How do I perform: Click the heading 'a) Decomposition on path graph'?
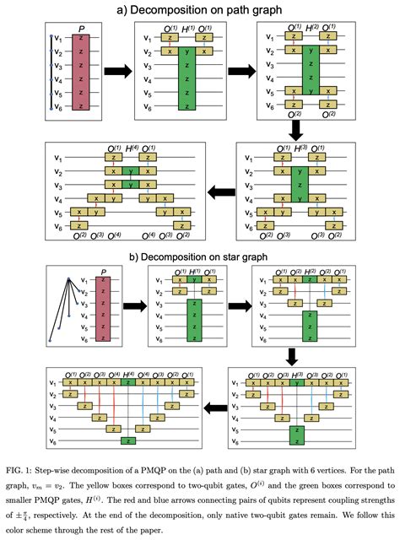200,9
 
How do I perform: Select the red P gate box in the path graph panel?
79,73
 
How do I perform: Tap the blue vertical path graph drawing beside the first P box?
51,73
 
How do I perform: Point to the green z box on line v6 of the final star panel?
127,440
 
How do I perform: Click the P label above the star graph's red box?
102,271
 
